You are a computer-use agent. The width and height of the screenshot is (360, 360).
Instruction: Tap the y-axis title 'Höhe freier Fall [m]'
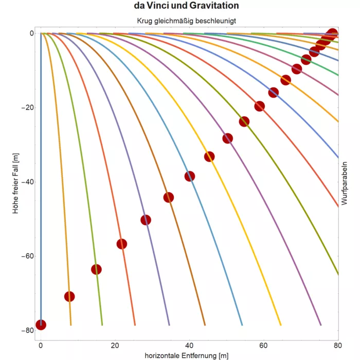coord(16,183)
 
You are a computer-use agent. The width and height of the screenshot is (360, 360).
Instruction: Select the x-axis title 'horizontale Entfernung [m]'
coord(186,355)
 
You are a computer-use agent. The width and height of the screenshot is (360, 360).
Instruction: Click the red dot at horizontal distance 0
coord(41,325)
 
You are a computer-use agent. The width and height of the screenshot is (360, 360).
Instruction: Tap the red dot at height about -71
coord(69,296)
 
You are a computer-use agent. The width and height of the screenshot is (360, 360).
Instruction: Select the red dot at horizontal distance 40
coord(190,176)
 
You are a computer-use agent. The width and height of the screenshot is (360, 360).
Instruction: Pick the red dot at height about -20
coord(260,106)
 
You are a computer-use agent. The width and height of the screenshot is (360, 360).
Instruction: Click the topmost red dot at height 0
coord(333,33)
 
